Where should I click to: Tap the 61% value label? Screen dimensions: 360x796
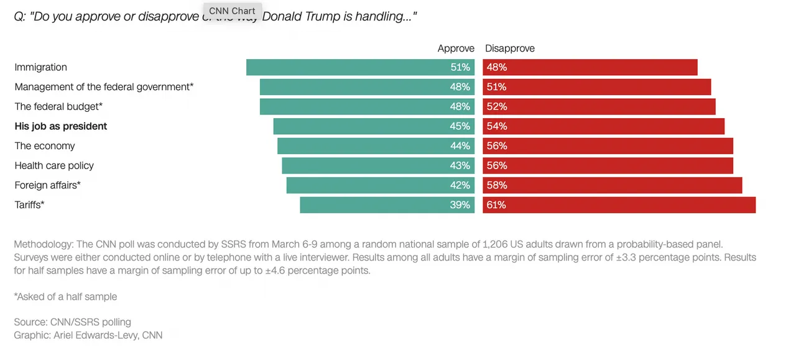tap(496, 205)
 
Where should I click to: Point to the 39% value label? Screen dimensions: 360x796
tap(460, 205)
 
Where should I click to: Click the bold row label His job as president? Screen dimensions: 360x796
tap(61, 126)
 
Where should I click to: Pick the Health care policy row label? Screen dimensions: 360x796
tap(54, 165)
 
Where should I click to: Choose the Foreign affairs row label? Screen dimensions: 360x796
tap(47, 185)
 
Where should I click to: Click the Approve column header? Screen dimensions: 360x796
tap(456, 48)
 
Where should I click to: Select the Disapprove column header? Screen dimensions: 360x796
tap(510, 48)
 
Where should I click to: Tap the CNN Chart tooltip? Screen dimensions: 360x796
tap(232, 11)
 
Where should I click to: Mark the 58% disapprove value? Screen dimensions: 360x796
tap(496, 185)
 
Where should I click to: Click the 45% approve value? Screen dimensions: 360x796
tap(460, 126)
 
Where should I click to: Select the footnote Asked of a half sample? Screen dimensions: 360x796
tap(65, 297)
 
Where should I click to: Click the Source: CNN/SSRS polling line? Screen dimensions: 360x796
tap(72, 322)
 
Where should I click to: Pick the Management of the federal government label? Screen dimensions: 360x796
tap(104, 87)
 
